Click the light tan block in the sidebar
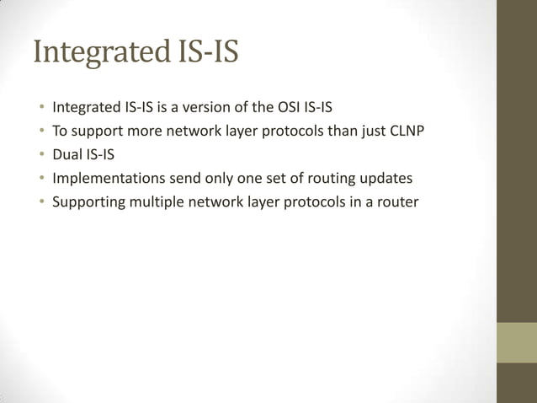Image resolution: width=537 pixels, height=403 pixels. click(x=516, y=342)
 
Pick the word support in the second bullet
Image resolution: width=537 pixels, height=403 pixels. click(x=98, y=132)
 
